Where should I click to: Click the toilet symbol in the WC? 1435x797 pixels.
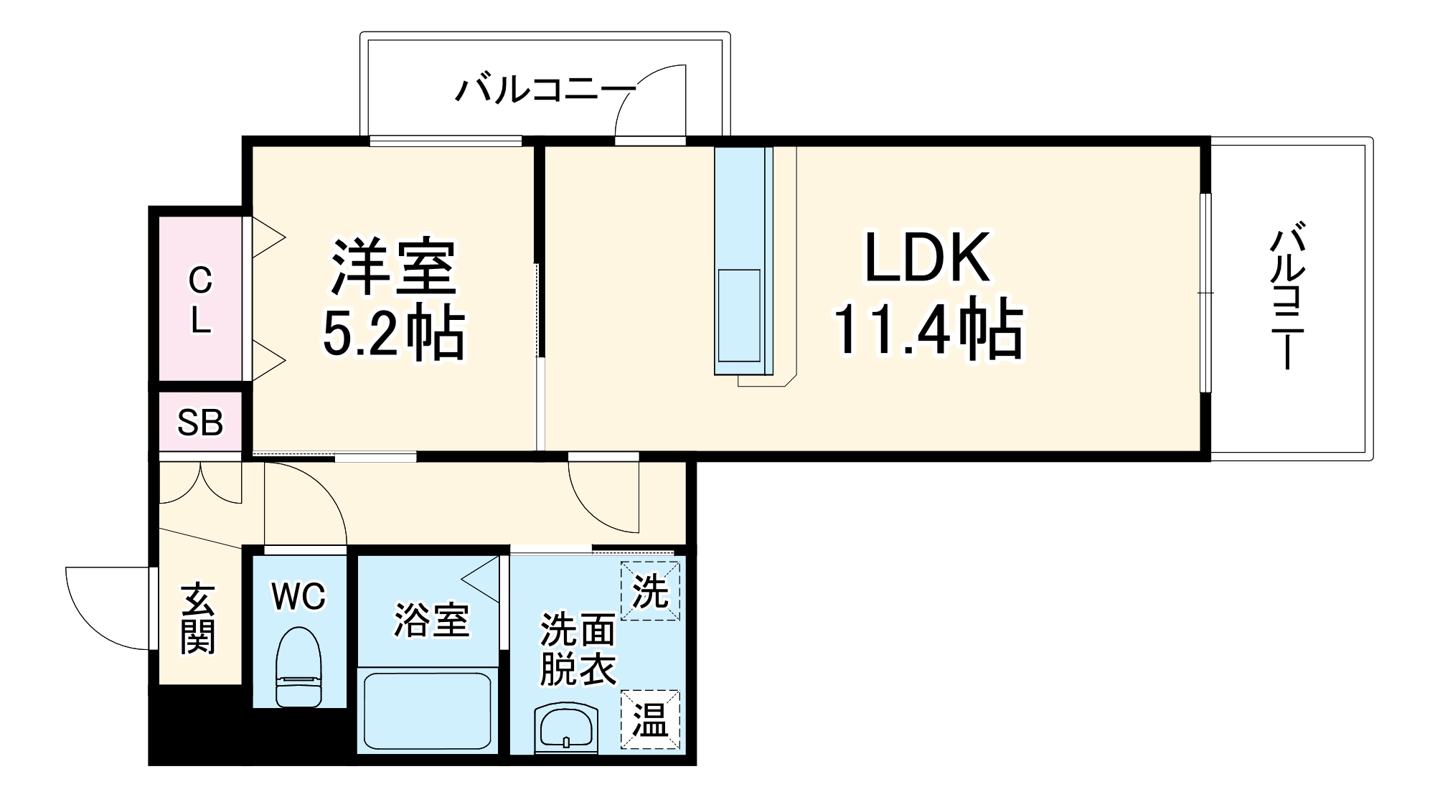point(299,667)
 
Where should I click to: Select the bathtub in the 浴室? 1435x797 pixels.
point(428,710)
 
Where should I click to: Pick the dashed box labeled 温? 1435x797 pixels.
point(650,720)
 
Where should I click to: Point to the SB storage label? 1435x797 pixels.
point(200,423)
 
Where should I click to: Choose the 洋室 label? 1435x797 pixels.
point(393,267)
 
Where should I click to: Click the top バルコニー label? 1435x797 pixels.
point(545,90)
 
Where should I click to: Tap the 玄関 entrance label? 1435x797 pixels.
point(197,618)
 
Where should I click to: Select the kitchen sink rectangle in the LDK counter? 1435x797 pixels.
point(739,315)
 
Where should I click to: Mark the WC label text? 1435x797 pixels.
point(298,596)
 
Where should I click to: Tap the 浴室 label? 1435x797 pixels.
point(431,621)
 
